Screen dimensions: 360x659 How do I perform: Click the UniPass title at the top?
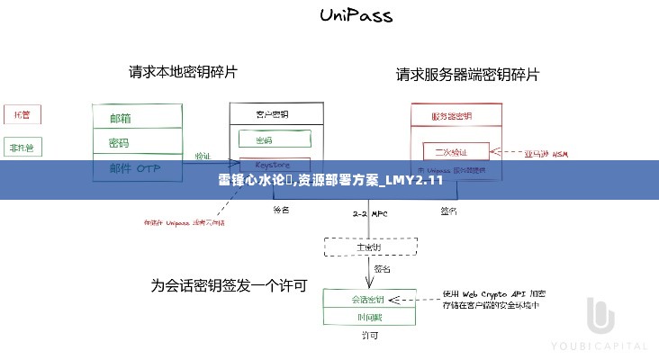356,16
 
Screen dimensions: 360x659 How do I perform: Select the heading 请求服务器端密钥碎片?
468,75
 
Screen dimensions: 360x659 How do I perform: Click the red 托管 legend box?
21,115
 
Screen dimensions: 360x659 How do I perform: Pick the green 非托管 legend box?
21,148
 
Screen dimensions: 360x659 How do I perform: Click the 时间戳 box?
369,317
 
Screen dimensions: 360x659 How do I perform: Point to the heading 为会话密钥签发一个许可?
229,286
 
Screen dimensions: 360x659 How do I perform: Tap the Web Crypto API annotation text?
493,300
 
